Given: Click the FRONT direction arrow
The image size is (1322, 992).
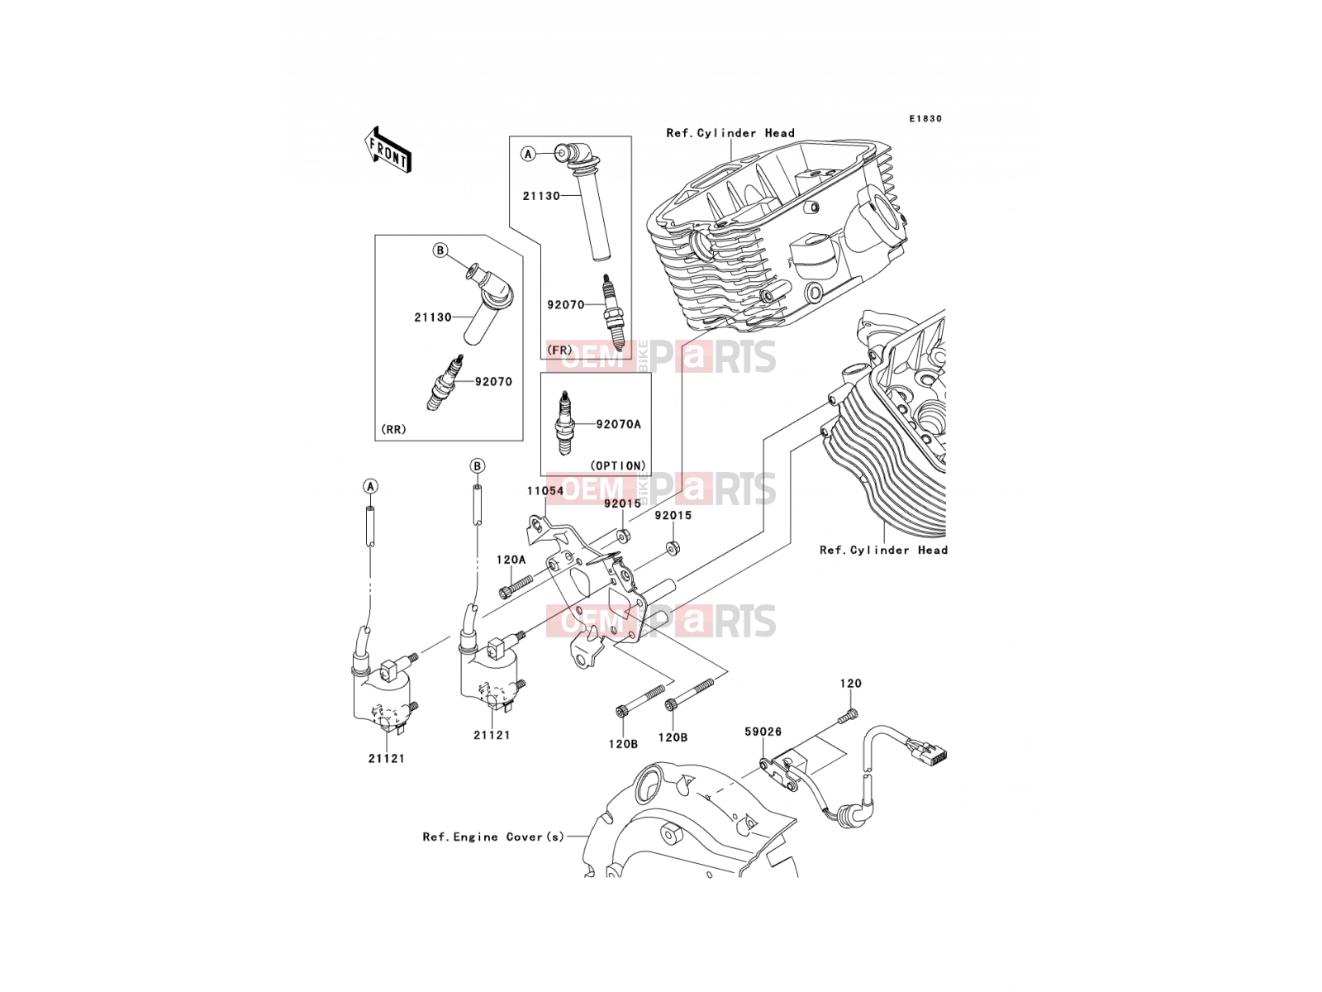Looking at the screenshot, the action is [x=388, y=150].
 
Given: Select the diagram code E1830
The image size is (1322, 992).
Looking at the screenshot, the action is [x=925, y=119].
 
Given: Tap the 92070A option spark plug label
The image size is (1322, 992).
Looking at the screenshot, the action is [x=619, y=424].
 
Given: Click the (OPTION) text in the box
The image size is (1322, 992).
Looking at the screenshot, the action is [x=618, y=465].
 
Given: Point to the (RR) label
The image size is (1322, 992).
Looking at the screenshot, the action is [x=393, y=429].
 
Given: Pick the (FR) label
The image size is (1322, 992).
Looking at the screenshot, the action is [x=559, y=350].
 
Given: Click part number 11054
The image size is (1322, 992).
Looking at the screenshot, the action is [x=545, y=491].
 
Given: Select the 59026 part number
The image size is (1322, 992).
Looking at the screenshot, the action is [x=763, y=732].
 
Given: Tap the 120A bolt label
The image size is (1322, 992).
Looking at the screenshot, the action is [x=511, y=560].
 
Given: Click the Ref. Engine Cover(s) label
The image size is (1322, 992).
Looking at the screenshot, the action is [x=493, y=837].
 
